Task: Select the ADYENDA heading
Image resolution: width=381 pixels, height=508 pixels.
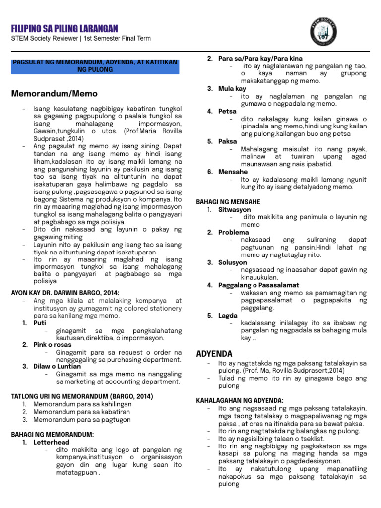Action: coord(214,353)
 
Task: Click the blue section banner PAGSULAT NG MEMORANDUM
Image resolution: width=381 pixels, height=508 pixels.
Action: coord(95,66)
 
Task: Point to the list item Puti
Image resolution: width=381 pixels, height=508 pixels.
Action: coord(40,323)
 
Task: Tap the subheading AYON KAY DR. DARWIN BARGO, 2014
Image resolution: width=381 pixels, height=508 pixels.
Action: coord(65,293)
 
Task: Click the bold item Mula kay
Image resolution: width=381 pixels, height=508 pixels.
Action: coord(232,88)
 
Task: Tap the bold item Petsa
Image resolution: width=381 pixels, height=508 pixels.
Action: coord(228,111)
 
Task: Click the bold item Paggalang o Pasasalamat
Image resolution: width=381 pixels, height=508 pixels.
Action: coord(257,285)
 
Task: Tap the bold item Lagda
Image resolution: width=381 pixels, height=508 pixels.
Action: coord(228,316)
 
